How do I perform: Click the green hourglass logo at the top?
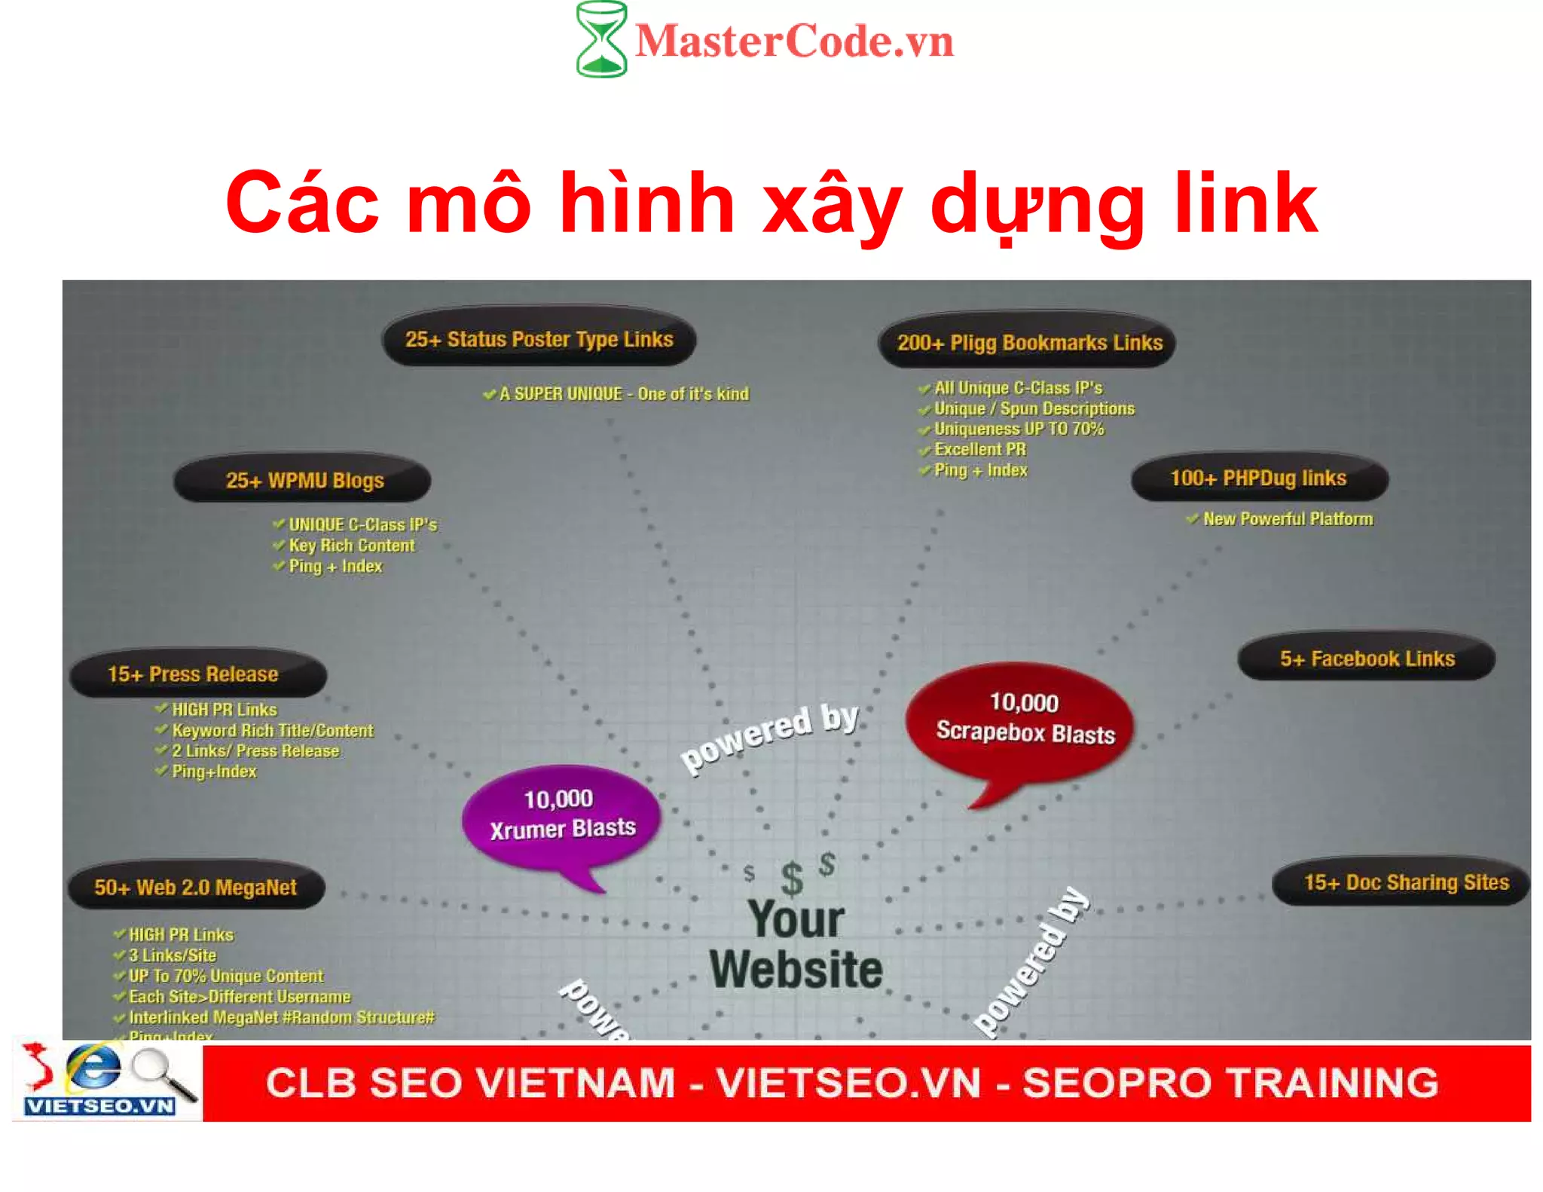click(x=600, y=39)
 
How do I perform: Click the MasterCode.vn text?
click(x=794, y=41)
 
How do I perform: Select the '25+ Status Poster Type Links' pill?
click(x=539, y=339)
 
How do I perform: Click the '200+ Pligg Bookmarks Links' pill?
click(x=1028, y=343)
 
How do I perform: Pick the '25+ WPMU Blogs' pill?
click(x=304, y=480)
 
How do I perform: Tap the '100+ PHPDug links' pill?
click(x=1258, y=478)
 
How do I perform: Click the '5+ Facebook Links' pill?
click(x=1367, y=659)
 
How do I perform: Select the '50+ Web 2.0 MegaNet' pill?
click(x=196, y=887)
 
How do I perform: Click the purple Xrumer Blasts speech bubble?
click(x=561, y=814)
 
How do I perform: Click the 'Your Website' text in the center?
click(x=796, y=944)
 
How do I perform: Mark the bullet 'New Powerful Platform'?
click(x=1287, y=519)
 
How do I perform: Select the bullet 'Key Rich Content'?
click(x=351, y=546)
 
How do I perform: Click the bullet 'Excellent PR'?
click(x=979, y=450)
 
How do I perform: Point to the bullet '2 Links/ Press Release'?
click(x=255, y=751)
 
